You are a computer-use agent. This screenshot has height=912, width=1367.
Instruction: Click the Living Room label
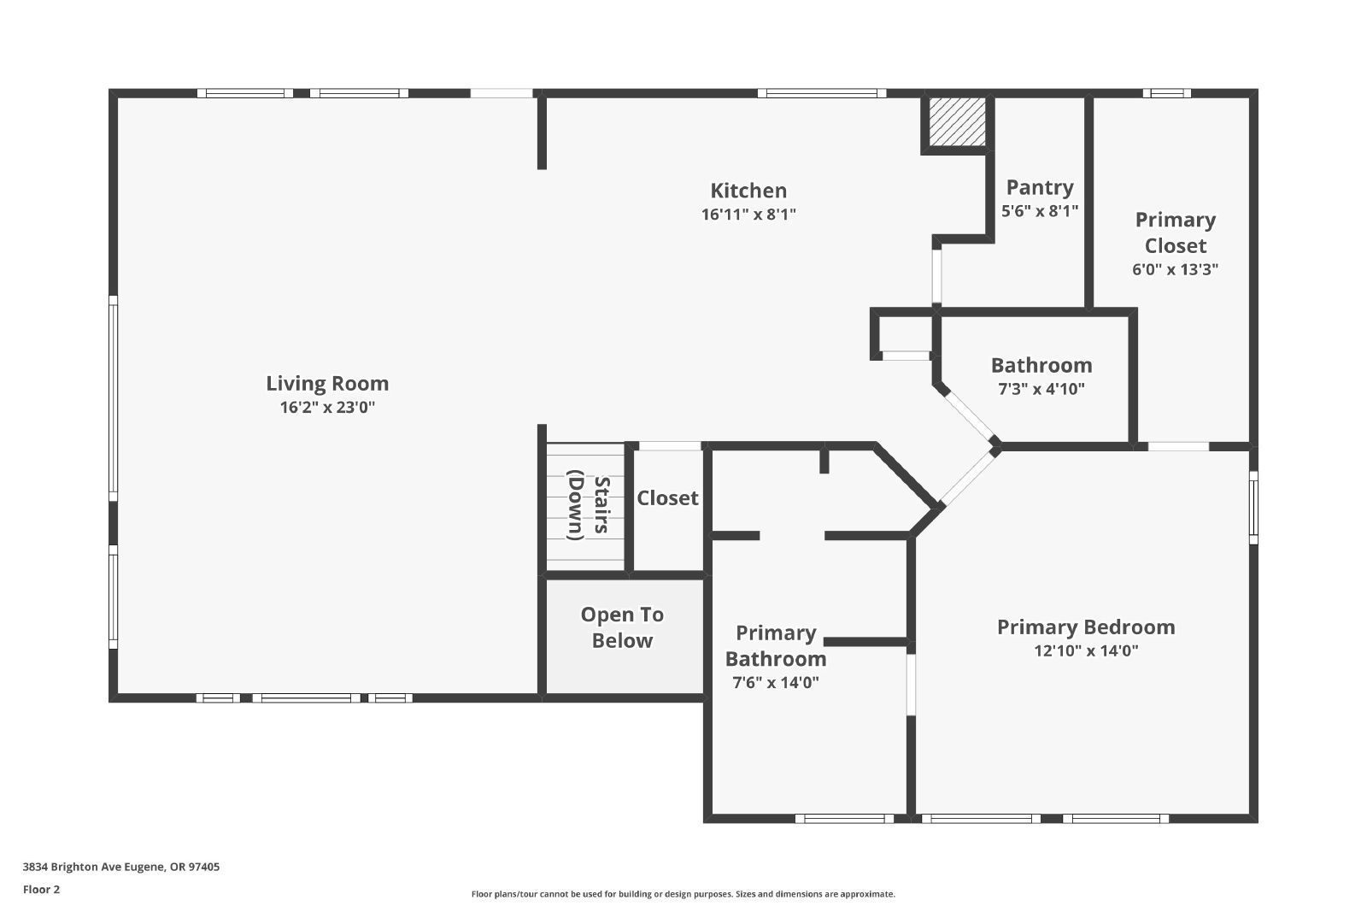pos(327,384)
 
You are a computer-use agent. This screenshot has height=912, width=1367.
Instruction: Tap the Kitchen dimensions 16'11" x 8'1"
pos(748,215)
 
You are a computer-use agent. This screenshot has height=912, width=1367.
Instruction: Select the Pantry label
pos(1040,187)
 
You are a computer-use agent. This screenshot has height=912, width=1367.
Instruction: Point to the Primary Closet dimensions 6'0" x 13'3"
pos(1175,269)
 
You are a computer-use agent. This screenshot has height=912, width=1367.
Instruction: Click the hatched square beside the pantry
pos(957,121)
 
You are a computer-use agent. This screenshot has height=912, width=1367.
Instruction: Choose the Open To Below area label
pos(622,627)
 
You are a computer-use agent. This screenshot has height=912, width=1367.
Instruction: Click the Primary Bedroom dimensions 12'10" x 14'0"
pos(1086,650)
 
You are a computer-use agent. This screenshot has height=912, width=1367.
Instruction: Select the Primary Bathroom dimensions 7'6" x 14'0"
pos(775,682)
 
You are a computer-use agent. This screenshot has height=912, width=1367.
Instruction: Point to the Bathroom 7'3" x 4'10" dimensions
pos(1041,389)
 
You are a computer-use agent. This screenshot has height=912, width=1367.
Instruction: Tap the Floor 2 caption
pos(42,890)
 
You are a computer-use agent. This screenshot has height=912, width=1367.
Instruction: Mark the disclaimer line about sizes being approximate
pos(683,894)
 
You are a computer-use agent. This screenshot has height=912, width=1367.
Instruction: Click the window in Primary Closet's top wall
pos(1166,93)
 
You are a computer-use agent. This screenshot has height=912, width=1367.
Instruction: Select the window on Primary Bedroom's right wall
pos(1253,507)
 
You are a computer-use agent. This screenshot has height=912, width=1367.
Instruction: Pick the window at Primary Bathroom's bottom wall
pos(844,819)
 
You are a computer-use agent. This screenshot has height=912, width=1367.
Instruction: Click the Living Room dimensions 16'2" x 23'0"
pos(327,407)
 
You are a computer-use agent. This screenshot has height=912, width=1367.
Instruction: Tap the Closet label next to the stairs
pos(667,498)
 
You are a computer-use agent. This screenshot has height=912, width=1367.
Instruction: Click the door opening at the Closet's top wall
pos(670,446)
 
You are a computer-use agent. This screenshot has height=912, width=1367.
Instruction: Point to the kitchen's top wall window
pos(821,93)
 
